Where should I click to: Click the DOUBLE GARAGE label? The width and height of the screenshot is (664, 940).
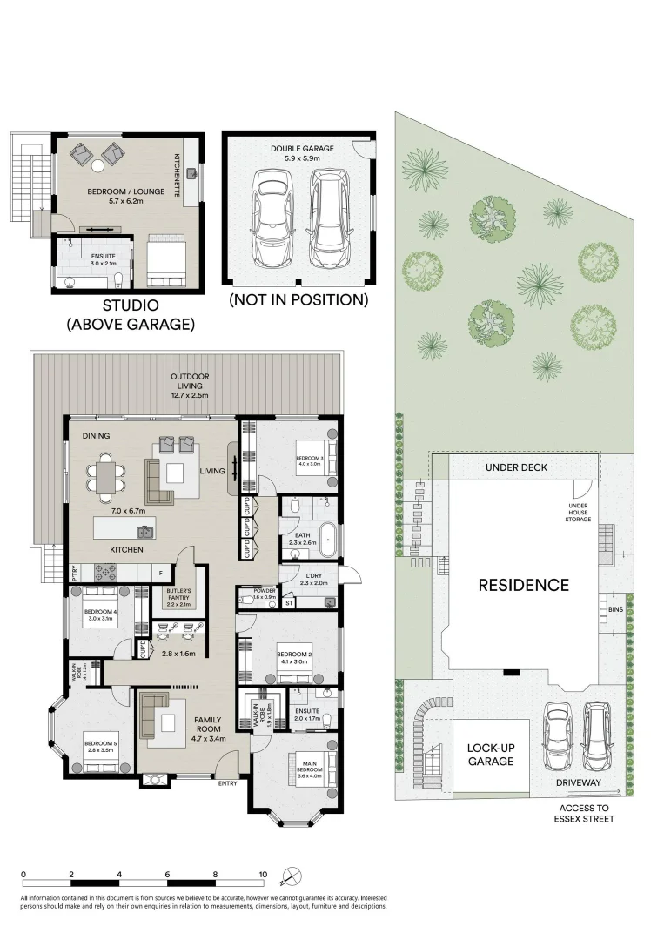[302, 149]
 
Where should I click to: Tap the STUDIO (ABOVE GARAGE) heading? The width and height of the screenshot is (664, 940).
[131, 315]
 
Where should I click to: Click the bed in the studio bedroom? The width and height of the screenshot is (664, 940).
[165, 260]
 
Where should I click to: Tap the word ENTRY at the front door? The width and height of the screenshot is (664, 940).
[228, 783]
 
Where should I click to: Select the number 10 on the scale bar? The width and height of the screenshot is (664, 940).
[262, 874]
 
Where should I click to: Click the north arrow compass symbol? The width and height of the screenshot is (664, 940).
[296, 876]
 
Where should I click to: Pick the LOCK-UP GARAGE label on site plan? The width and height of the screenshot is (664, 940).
[490, 754]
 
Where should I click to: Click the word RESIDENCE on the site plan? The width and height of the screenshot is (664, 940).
[524, 585]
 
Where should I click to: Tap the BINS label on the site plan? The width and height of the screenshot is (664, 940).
[615, 610]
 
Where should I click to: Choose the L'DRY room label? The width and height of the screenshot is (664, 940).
[312, 577]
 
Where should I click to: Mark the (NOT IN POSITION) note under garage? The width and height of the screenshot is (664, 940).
[298, 299]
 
